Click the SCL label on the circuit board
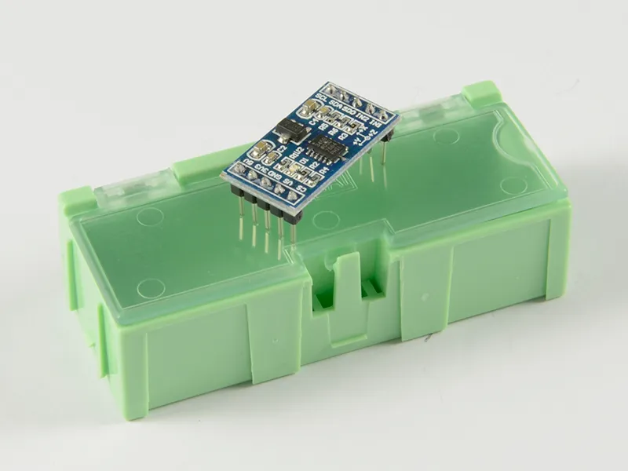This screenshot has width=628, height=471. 321,97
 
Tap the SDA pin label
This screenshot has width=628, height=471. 336,104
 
